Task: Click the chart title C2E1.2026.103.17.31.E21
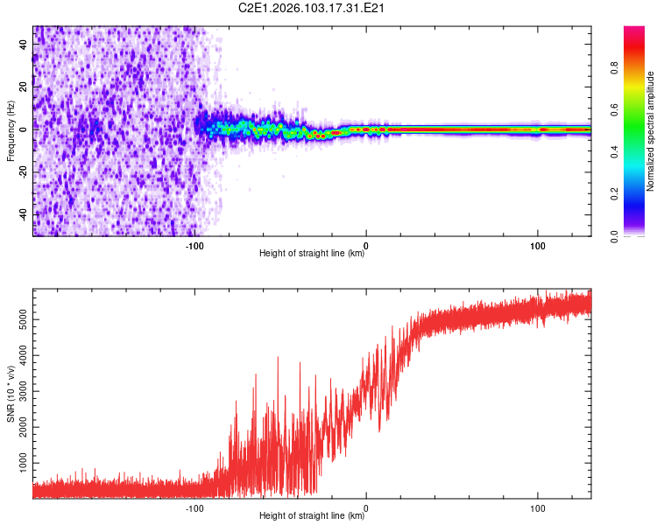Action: point(313,8)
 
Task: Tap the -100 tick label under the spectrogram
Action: point(194,245)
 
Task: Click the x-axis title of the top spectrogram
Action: point(312,254)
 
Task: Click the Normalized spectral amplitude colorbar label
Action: point(651,131)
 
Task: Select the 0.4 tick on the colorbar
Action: point(640,152)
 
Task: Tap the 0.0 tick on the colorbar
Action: point(640,235)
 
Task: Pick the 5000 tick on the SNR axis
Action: point(19,320)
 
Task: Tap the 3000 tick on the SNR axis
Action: point(19,390)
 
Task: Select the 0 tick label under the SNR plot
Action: point(365,507)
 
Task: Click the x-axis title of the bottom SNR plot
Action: point(312,516)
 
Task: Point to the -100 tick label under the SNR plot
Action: point(194,507)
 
